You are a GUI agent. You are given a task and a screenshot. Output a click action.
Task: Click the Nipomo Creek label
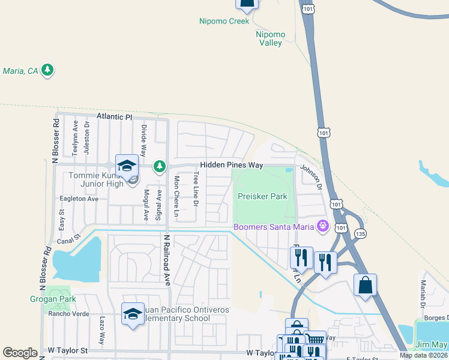tap(224, 21)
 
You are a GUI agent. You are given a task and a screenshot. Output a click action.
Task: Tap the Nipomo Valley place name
tap(270, 38)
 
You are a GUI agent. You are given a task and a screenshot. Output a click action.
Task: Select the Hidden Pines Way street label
tap(232, 165)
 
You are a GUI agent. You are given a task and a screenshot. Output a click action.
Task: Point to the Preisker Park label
tap(262, 196)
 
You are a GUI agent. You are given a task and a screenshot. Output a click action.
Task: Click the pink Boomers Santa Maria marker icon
tap(324, 226)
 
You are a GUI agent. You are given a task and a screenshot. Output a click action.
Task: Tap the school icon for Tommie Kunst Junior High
tap(127, 166)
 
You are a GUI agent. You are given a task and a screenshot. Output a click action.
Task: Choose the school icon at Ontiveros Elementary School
tap(133, 313)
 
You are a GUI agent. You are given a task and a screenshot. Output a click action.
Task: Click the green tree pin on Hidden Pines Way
tap(159, 166)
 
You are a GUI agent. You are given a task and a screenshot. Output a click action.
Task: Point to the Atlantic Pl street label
tap(113, 117)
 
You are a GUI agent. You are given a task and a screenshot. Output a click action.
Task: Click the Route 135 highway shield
tap(360, 233)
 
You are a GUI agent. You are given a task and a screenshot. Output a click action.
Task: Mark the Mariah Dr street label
tap(423, 290)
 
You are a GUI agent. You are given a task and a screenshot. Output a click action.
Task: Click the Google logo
tap(20, 353)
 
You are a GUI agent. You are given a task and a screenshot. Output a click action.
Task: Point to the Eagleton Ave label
tap(79, 199)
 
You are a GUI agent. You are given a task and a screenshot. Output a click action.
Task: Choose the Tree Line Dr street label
tap(196, 190)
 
